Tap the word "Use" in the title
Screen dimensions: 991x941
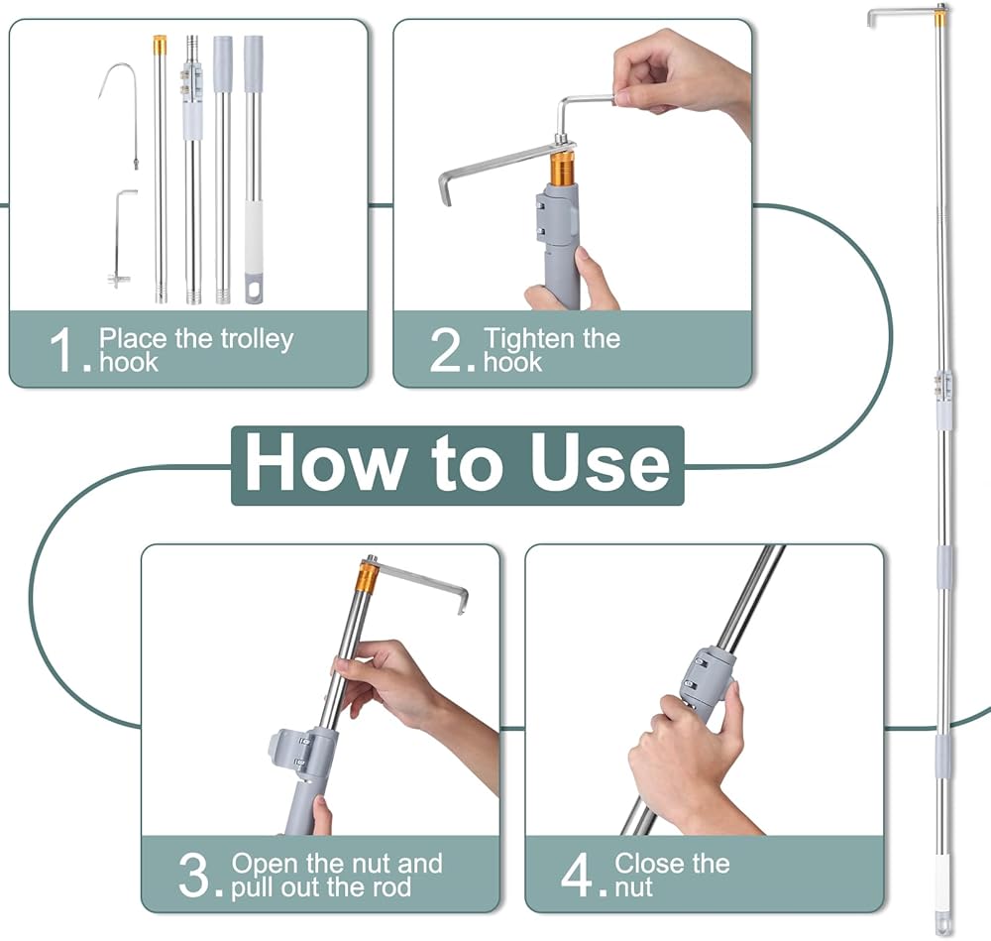(x=600, y=464)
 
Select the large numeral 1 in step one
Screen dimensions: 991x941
(x=63, y=350)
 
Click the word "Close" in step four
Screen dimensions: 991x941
(x=646, y=864)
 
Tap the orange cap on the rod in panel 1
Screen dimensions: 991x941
(x=160, y=45)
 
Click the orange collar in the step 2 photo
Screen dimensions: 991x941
(x=562, y=167)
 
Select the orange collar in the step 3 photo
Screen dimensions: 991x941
(x=369, y=577)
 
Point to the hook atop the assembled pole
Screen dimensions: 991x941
(x=900, y=15)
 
